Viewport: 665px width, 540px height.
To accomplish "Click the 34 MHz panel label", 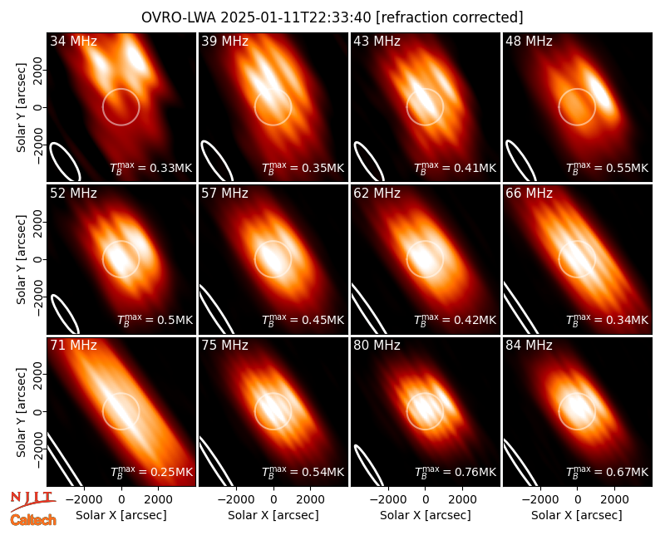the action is (73, 41).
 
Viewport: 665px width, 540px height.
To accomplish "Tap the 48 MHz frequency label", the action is (529, 41).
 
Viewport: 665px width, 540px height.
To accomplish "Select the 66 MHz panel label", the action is (529, 194).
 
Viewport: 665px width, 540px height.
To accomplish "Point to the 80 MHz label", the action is (377, 346).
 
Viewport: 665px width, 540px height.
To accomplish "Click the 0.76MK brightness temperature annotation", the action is (455, 471).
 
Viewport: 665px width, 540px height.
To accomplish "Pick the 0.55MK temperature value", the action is (608, 168).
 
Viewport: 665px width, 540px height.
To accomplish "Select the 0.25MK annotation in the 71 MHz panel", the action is (151, 471).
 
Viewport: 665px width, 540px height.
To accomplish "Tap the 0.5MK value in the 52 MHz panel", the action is (155, 319).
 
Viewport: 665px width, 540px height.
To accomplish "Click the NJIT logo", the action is (32, 500).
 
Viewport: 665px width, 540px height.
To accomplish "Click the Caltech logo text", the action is (33, 520).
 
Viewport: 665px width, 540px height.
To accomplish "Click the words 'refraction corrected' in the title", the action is (449, 17).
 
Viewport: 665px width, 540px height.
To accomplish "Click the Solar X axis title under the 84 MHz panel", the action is (576, 515).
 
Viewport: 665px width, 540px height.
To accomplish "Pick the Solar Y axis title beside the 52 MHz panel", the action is (21, 259).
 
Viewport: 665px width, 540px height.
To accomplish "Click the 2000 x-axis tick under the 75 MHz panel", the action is (310, 500).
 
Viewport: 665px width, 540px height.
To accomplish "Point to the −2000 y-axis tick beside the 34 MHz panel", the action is (37, 145).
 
